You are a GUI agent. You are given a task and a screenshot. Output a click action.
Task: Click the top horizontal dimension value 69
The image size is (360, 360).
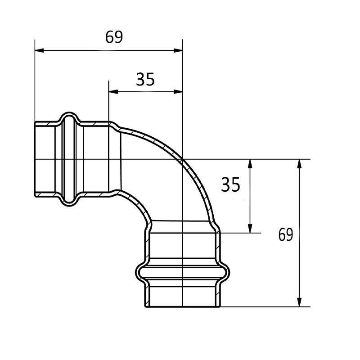[x=114, y=37]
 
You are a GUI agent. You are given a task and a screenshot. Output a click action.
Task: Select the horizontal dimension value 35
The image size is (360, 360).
[x=145, y=80]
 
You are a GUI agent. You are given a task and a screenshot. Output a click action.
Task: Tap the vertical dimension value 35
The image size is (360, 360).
[x=230, y=184]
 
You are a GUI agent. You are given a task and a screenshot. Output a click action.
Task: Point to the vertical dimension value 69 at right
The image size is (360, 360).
[x=286, y=234]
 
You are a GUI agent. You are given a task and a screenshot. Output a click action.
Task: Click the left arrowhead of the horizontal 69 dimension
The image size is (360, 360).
[x=39, y=50]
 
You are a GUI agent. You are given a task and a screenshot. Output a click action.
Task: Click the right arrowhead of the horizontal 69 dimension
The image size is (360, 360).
[x=178, y=50]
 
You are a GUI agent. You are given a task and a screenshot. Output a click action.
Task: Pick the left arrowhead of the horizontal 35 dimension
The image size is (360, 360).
[x=113, y=92]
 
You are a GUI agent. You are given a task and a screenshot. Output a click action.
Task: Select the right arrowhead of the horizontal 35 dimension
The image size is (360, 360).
[x=178, y=92]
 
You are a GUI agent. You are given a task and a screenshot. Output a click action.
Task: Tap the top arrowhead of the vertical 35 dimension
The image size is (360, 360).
[x=250, y=164]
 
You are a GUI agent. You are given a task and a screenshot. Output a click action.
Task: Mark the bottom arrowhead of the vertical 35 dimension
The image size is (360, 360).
[x=250, y=229]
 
